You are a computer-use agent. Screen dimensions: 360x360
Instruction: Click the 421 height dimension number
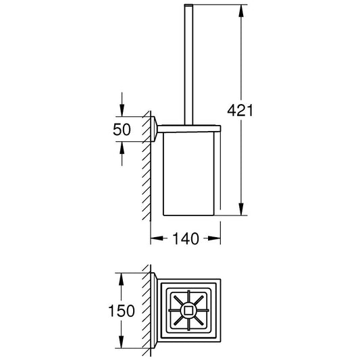(x=240, y=111)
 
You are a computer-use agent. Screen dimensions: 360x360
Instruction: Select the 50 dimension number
(x=122, y=130)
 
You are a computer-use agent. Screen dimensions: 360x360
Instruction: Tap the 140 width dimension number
(x=186, y=238)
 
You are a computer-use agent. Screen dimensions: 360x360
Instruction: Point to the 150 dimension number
(x=121, y=311)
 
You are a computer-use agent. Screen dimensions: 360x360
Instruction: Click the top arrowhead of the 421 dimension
(x=241, y=11)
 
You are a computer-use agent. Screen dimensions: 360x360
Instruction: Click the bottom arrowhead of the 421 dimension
(x=241, y=209)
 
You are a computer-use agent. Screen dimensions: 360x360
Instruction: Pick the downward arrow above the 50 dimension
(x=122, y=105)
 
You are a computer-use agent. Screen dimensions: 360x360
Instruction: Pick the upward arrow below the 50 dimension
(x=122, y=153)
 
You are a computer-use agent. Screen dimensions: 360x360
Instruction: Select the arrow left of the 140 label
(x=159, y=238)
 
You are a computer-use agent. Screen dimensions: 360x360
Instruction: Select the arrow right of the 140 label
(x=212, y=238)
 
